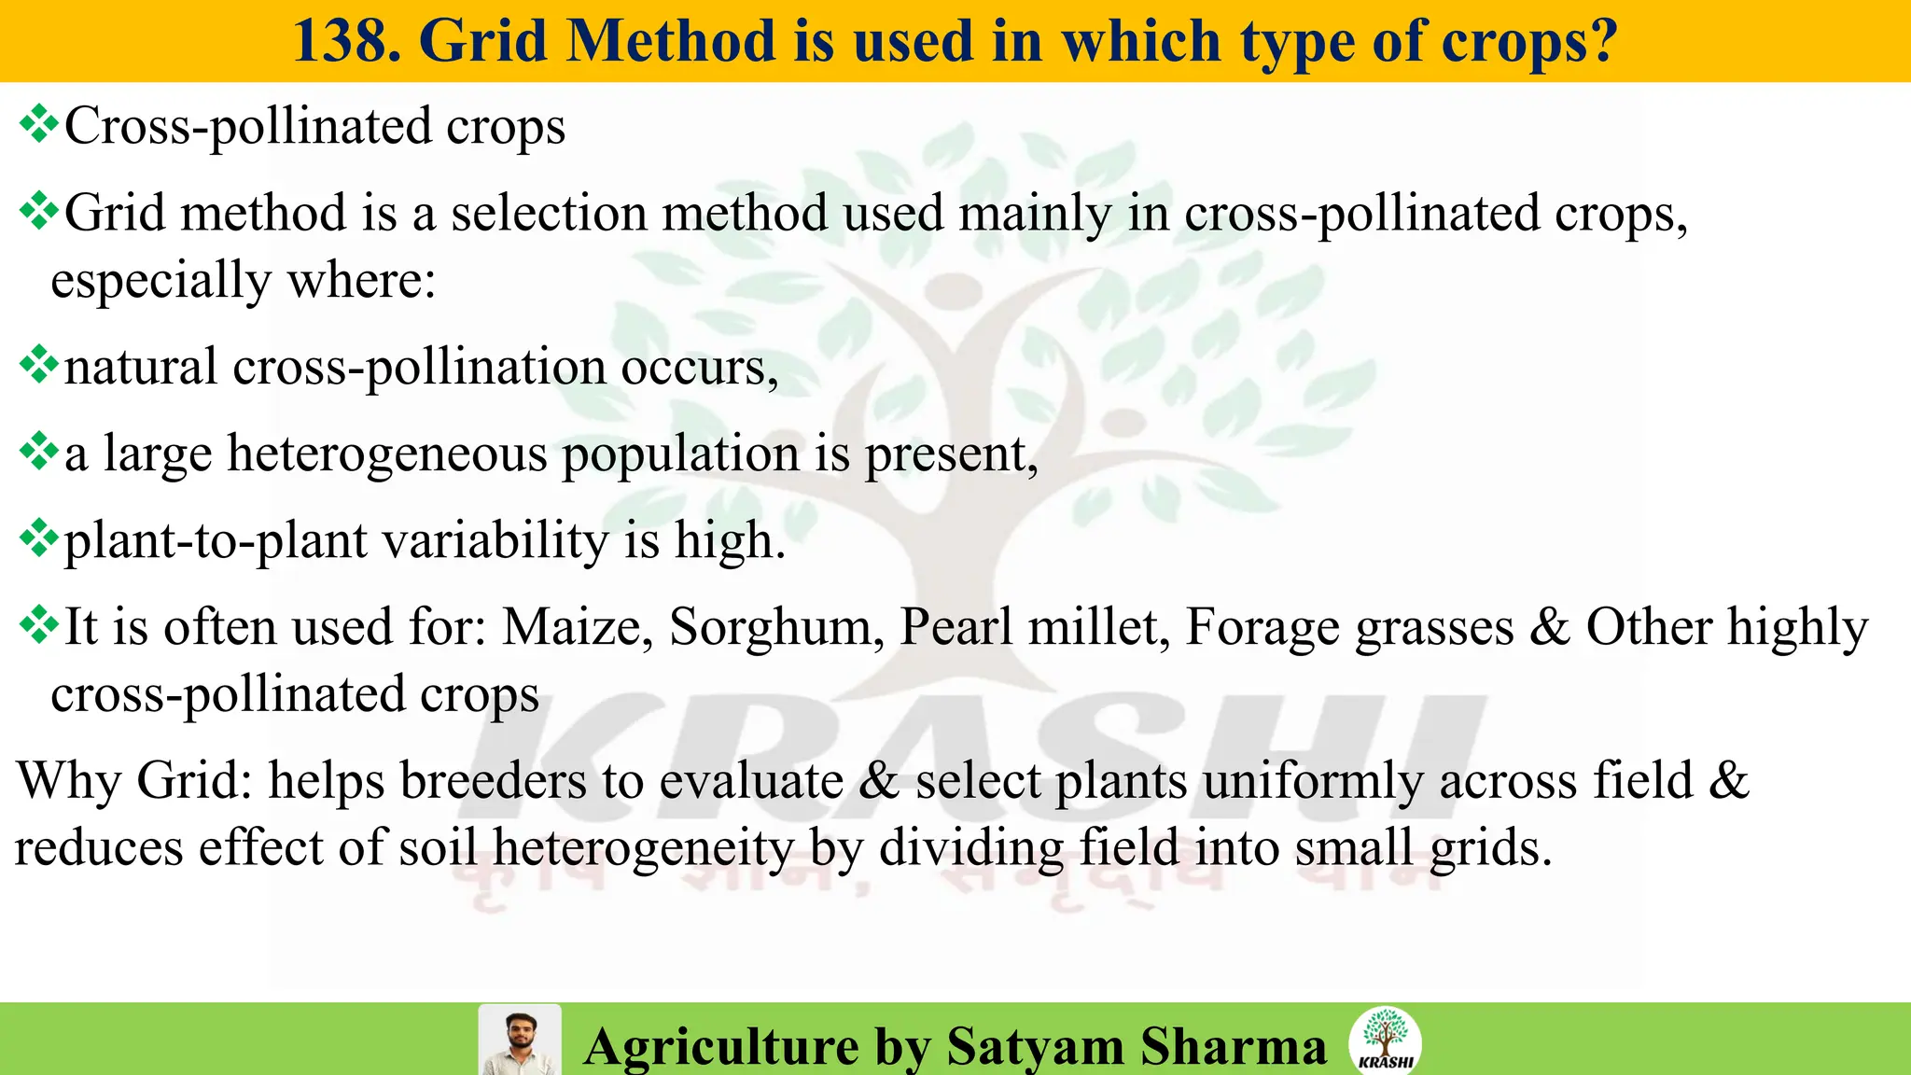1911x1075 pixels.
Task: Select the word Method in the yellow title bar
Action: click(x=670, y=41)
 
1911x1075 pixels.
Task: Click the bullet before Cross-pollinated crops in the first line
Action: click(x=38, y=124)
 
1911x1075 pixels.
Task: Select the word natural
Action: click(x=141, y=366)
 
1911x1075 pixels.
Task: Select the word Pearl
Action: click(x=955, y=626)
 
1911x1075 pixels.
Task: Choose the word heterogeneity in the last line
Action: click(x=643, y=847)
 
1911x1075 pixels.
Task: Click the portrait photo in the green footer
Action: click(x=520, y=1040)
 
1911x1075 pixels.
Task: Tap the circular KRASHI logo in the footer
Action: click(x=1385, y=1040)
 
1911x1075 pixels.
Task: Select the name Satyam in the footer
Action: click(x=1035, y=1045)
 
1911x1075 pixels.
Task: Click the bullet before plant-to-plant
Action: click(x=38, y=539)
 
